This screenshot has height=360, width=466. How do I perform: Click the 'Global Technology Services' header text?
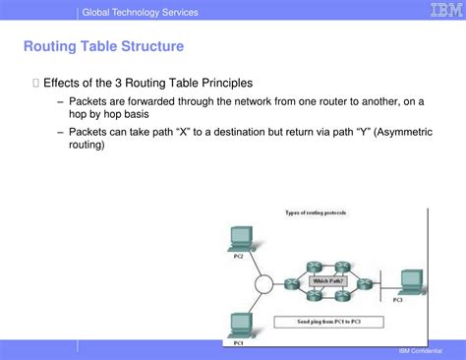[140, 12]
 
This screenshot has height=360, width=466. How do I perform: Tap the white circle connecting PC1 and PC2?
[262, 284]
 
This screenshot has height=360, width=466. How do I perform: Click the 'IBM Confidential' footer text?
[420, 351]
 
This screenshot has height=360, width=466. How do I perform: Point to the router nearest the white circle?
[291, 283]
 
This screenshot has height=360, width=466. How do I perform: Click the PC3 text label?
[397, 300]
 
